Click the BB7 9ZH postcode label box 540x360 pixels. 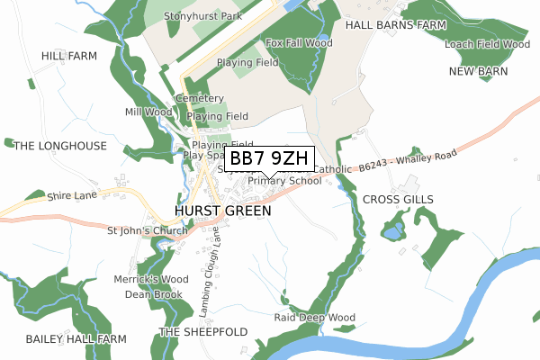click(x=269, y=158)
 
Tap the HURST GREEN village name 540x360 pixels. click(x=217, y=212)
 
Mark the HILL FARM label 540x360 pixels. click(x=68, y=56)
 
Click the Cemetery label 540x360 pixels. click(x=200, y=98)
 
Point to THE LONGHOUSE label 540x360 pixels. click(x=61, y=146)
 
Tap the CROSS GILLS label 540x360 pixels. click(x=398, y=199)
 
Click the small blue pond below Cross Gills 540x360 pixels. click(x=392, y=233)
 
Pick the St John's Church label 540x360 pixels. click(x=147, y=230)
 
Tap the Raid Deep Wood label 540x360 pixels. click(x=315, y=318)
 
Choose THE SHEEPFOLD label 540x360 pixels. click(x=203, y=332)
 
